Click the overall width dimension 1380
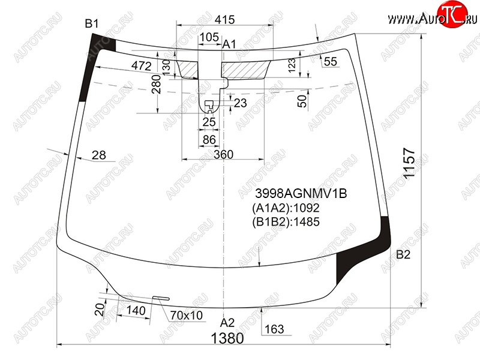pos(227,338)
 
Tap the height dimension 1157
pos(409,163)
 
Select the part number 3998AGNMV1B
pos(301,193)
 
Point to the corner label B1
pos(92,23)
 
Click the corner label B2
pos(403,254)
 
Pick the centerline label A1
pos(229,44)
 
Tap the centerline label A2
pos(227,322)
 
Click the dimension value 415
pos(224,20)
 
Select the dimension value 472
pos(142,65)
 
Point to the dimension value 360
pos(223,154)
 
